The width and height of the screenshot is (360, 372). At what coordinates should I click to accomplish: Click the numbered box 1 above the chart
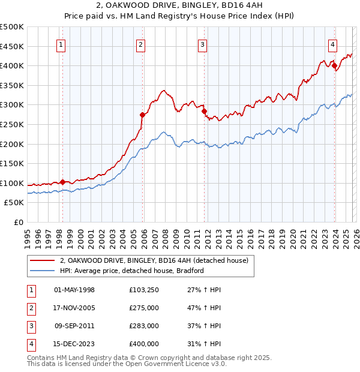(62, 44)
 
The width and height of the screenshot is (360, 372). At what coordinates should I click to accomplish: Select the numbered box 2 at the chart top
(140, 44)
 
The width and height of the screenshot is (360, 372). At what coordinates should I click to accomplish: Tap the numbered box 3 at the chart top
(203, 44)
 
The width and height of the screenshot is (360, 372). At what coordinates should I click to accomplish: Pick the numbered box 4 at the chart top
(332, 44)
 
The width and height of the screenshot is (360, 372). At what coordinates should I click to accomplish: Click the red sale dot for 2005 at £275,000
(143, 115)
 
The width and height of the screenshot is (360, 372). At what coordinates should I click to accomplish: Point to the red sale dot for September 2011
(205, 112)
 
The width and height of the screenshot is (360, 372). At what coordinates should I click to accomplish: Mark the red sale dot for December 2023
(334, 66)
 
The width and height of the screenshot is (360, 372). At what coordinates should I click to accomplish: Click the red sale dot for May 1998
(62, 182)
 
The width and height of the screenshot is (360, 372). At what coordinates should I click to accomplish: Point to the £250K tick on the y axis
(12, 124)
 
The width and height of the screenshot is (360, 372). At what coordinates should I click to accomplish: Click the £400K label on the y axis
(12, 65)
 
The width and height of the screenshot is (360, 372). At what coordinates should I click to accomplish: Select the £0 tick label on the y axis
(18, 222)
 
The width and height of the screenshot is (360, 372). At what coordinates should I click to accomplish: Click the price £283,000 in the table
(143, 326)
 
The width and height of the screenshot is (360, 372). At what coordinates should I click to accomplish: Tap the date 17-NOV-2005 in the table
(74, 308)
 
